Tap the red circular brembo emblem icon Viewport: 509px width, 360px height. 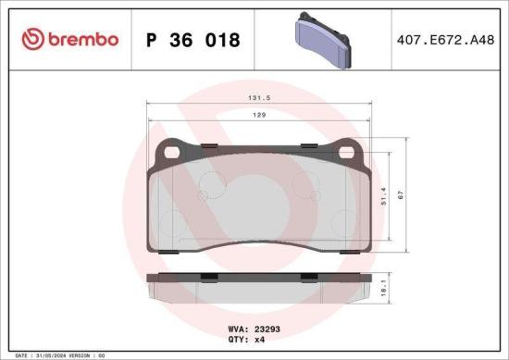tap(32, 40)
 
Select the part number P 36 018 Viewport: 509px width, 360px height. tap(193, 41)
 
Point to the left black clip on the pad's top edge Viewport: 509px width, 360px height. tap(210, 147)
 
